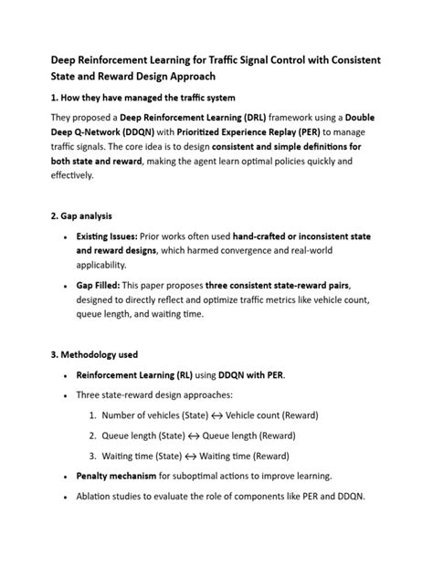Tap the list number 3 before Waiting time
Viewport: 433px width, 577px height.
click(93, 455)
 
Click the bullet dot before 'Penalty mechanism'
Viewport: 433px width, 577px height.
click(63, 477)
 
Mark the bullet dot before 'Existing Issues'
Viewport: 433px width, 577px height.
click(63, 236)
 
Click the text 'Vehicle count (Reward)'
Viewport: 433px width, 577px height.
click(272, 414)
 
